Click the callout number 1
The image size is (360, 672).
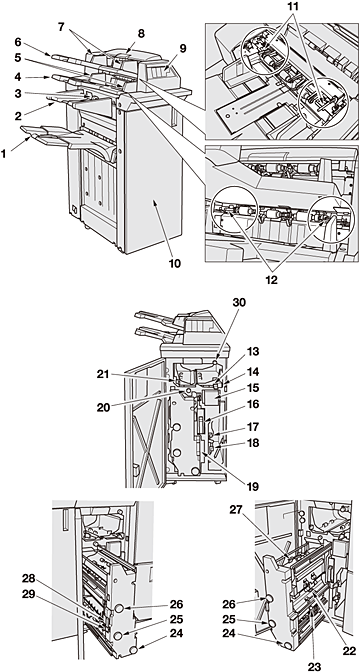tap(5, 153)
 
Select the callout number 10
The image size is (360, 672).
tap(174, 263)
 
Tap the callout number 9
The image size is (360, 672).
tap(183, 48)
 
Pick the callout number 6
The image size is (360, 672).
tap(18, 42)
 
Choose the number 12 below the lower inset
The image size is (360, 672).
tap(271, 280)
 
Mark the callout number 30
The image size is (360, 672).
tap(240, 303)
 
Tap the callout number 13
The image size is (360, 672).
tap(253, 352)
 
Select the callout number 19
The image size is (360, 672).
tap(253, 486)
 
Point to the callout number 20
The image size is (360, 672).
tap(103, 407)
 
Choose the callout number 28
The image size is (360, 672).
tap(29, 579)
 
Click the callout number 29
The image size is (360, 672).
tap(29, 593)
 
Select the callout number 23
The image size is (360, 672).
tap(314, 666)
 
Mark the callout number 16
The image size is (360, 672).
tap(253, 404)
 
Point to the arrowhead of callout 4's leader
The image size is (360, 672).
tap(47, 78)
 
